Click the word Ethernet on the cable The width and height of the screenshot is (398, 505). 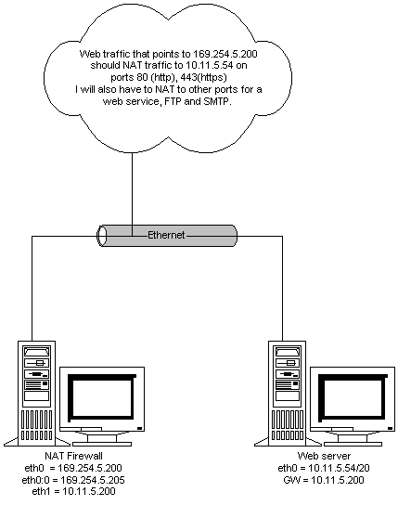166,235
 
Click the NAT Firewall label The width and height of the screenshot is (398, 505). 73,456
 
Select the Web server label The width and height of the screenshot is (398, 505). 324,456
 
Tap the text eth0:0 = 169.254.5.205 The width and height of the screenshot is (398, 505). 73,480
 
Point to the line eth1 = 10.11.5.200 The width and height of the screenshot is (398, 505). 73,491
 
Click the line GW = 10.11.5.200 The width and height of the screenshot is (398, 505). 324,480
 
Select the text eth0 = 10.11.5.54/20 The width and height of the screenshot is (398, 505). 324,468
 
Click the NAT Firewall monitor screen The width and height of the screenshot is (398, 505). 102,398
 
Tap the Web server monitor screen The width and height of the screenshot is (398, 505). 353,398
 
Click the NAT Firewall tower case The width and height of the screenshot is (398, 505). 37,393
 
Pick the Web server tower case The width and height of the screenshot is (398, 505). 287,393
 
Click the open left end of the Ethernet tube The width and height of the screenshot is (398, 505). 102,236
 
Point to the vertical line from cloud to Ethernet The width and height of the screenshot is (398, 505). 133,194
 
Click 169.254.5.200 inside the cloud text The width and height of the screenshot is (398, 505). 225,54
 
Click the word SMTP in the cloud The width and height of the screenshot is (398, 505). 217,101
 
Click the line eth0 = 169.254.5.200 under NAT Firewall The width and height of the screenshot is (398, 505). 73,468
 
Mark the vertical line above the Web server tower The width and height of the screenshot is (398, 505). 282,289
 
